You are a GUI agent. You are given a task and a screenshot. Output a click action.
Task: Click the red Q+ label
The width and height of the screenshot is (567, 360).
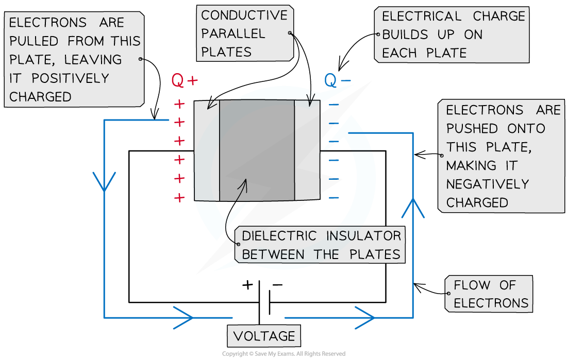[185, 81]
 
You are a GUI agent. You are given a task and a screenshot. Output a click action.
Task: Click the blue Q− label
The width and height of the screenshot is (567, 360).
[338, 81]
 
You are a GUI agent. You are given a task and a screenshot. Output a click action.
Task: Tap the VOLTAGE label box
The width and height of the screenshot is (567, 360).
[264, 336]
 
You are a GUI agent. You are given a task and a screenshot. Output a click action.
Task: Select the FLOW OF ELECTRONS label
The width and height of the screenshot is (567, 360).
[489, 294]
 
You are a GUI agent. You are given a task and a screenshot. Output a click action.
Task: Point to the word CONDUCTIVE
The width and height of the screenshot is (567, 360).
[244, 15]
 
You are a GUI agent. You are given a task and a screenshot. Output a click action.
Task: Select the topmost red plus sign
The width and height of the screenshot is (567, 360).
[179, 105]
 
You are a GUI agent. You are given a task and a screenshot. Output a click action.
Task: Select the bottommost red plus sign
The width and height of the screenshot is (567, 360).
[179, 198]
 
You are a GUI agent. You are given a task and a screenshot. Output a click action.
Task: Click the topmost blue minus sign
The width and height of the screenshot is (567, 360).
[334, 105]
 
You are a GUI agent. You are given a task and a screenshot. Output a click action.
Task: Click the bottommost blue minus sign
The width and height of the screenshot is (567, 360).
[334, 198]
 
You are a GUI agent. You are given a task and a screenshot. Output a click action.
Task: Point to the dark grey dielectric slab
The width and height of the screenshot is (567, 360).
[257, 150]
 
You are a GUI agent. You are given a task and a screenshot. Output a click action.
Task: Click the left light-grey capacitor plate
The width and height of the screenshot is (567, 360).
[207, 150]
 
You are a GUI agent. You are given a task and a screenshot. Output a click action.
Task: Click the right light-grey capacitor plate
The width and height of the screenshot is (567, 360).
[307, 150]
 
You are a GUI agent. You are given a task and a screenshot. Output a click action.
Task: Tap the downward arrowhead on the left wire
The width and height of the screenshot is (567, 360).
[105, 181]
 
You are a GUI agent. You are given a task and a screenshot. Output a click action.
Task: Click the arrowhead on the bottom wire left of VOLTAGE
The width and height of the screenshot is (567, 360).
[184, 317]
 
